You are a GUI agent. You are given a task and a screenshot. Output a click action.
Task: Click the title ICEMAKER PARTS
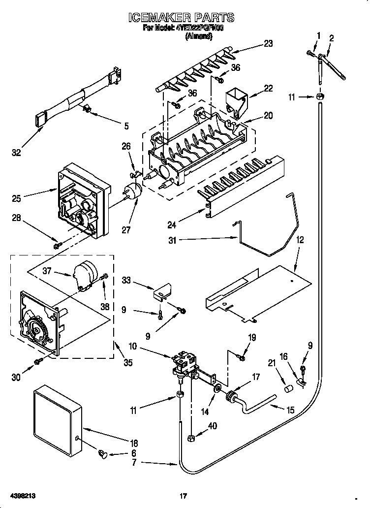pyautogui.click(x=181, y=18)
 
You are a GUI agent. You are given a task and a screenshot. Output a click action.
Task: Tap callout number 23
pyautogui.click(x=268, y=43)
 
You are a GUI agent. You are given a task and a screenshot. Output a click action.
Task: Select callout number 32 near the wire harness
pyautogui.click(x=16, y=153)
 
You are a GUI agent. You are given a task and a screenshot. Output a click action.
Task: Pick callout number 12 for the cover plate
pyautogui.click(x=300, y=241)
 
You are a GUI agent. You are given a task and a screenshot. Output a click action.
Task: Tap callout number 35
pyautogui.click(x=127, y=363)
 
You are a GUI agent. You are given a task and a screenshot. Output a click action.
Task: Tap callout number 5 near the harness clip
pyautogui.click(x=126, y=126)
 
